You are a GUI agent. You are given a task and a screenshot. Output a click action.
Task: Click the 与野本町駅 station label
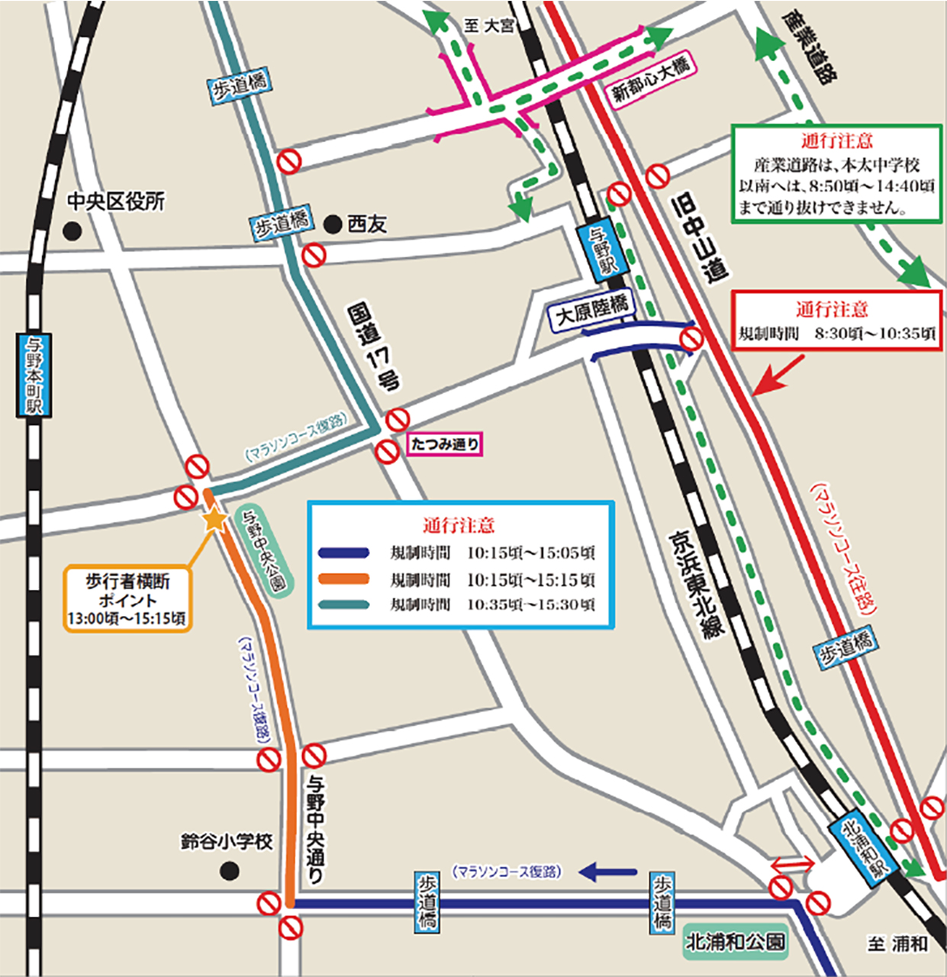click(x=34, y=375)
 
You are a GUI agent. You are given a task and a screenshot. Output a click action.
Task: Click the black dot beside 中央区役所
click(x=72, y=231)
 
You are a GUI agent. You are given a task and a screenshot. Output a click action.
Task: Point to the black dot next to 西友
click(x=332, y=224)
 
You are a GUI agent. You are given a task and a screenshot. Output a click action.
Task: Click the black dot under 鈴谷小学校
click(x=229, y=870)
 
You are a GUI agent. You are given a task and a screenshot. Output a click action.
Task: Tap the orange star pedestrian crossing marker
click(x=214, y=520)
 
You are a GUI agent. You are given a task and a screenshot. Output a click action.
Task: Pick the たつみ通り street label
click(x=445, y=443)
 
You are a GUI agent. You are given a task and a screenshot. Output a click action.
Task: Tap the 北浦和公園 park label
click(x=735, y=942)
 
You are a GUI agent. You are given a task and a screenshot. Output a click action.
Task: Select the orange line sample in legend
click(x=344, y=579)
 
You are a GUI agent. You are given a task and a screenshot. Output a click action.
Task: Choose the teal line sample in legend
click(x=344, y=605)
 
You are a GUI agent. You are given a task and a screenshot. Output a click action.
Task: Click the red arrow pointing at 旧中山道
click(x=778, y=375)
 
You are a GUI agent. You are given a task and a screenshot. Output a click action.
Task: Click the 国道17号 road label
click(x=374, y=347)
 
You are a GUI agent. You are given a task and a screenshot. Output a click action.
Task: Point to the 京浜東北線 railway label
click(x=695, y=584)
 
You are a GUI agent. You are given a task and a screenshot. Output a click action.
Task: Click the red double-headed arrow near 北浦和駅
click(x=792, y=864)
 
